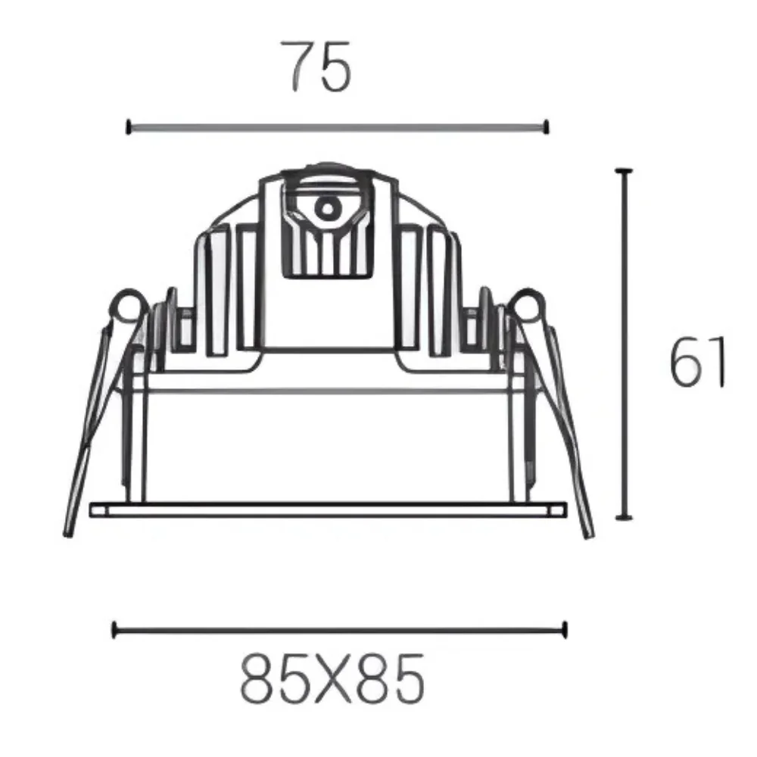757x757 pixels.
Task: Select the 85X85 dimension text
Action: tap(332, 678)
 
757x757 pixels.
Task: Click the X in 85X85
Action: tap(332, 678)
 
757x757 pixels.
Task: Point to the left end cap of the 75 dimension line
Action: tap(129, 127)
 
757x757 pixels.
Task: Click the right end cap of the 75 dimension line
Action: tap(546, 127)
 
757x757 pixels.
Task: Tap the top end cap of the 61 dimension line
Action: tap(624, 171)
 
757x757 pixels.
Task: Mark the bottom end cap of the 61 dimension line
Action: tap(624, 518)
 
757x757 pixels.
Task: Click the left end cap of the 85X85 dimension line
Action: tap(114, 630)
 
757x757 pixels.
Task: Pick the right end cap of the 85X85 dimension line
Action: tap(564, 630)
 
